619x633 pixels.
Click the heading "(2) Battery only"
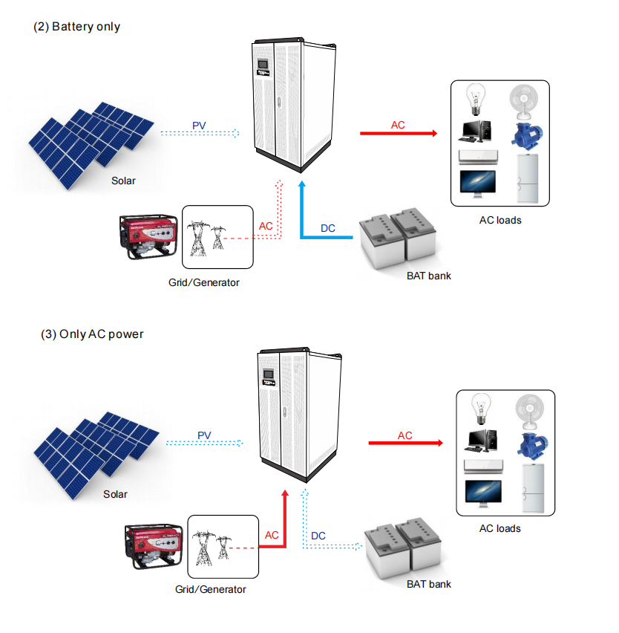point(76,27)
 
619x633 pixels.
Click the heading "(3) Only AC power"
point(92,334)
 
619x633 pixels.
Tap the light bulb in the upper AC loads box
point(476,99)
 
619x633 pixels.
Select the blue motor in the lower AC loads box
point(532,446)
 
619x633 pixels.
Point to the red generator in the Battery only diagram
point(148,236)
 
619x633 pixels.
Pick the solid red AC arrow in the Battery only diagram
point(399,133)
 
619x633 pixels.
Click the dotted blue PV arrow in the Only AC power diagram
point(204,443)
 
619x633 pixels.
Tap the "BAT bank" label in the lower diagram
point(429,584)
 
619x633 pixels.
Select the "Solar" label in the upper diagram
point(123,181)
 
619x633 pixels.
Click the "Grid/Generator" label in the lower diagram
point(210,589)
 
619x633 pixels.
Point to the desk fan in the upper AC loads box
point(523,102)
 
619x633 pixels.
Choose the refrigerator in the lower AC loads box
point(533,488)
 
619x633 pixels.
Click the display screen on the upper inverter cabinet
point(263,64)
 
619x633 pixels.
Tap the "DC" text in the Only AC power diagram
point(318,536)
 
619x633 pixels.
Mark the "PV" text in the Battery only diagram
point(199,126)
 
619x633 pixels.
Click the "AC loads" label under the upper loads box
point(500,220)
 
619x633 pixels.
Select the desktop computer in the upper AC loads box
point(476,132)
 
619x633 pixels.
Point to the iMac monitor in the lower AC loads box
point(483,493)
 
